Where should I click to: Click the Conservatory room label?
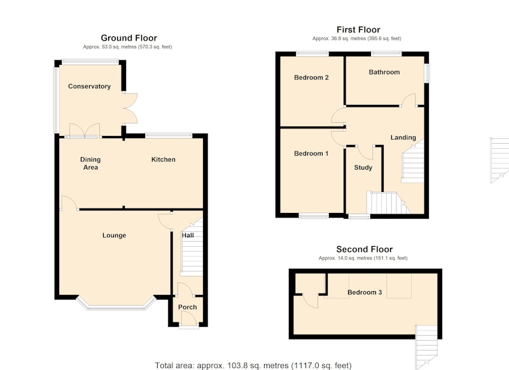89,86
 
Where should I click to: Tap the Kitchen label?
164,160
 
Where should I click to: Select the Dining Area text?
90,163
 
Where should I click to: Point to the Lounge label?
115,235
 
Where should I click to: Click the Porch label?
187,307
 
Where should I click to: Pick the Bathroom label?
384,72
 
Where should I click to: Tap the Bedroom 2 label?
311,78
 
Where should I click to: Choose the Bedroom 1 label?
311,153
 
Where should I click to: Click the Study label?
363,168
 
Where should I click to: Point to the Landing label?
403,137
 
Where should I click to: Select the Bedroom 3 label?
365,292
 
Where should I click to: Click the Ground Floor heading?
129,38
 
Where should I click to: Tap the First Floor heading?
358,30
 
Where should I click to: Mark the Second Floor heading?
365,249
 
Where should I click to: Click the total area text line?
253,366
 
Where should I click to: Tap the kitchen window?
169,135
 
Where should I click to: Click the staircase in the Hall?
192,247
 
